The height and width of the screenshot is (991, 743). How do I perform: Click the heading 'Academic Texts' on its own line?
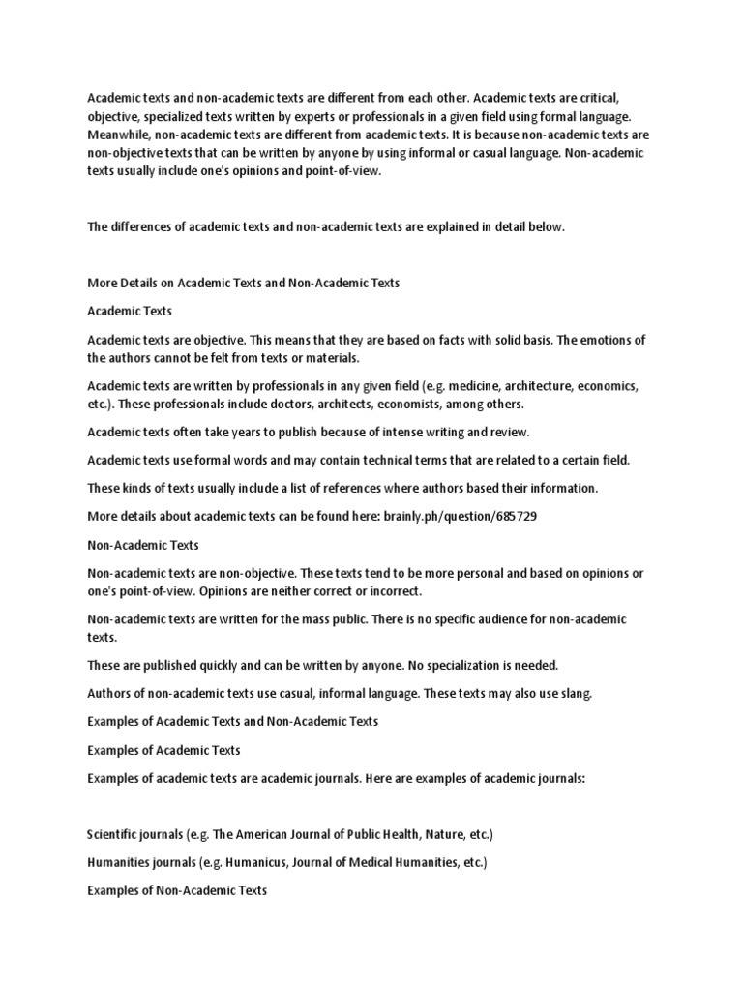pos(129,312)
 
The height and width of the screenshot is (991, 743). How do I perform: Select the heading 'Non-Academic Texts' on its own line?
pos(143,545)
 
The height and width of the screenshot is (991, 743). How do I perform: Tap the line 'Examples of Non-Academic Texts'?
pos(177,889)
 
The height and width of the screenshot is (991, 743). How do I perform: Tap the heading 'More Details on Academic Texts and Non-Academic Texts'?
pos(243,284)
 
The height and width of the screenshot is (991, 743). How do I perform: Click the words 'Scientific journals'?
pos(132,833)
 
